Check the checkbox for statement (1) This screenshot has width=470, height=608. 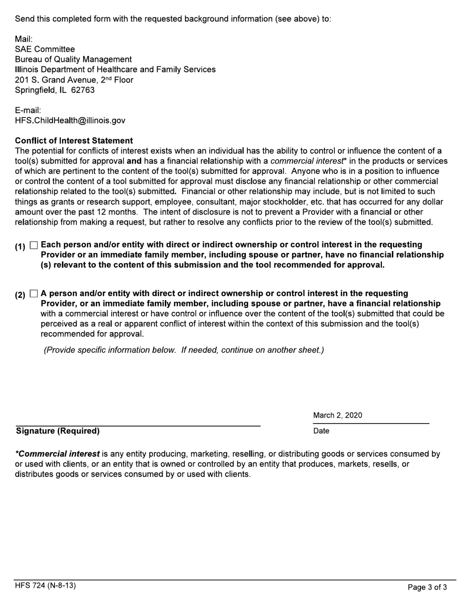pyautogui.click(x=34, y=245)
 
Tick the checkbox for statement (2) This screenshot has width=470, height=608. pyautogui.click(x=34, y=294)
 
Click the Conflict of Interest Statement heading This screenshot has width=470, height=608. pyautogui.click(x=74, y=141)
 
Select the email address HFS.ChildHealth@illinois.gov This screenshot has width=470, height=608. pyautogui.click(x=70, y=121)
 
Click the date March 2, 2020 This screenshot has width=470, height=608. pyautogui.click(x=337, y=416)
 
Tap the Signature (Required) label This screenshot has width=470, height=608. pyautogui.click(x=57, y=431)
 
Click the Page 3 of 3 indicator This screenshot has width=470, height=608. pyautogui.click(x=427, y=587)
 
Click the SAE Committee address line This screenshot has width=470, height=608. pyautogui.click(x=45, y=49)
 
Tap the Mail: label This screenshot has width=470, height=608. pyautogui.click(x=24, y=39)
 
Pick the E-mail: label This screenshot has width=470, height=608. pyautogui.click(x=28, y=110)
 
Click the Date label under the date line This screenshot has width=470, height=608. pyautogui.click(x=321, y=431)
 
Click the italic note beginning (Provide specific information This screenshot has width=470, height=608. pyautogui.click(x=184, y=350)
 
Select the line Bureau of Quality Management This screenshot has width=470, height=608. pyautogui.click(x=73, y=60)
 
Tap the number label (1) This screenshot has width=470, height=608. pyautogui.click(x=20, y=246)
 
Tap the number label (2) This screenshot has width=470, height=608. pyautogui.click(x=20, y=295)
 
